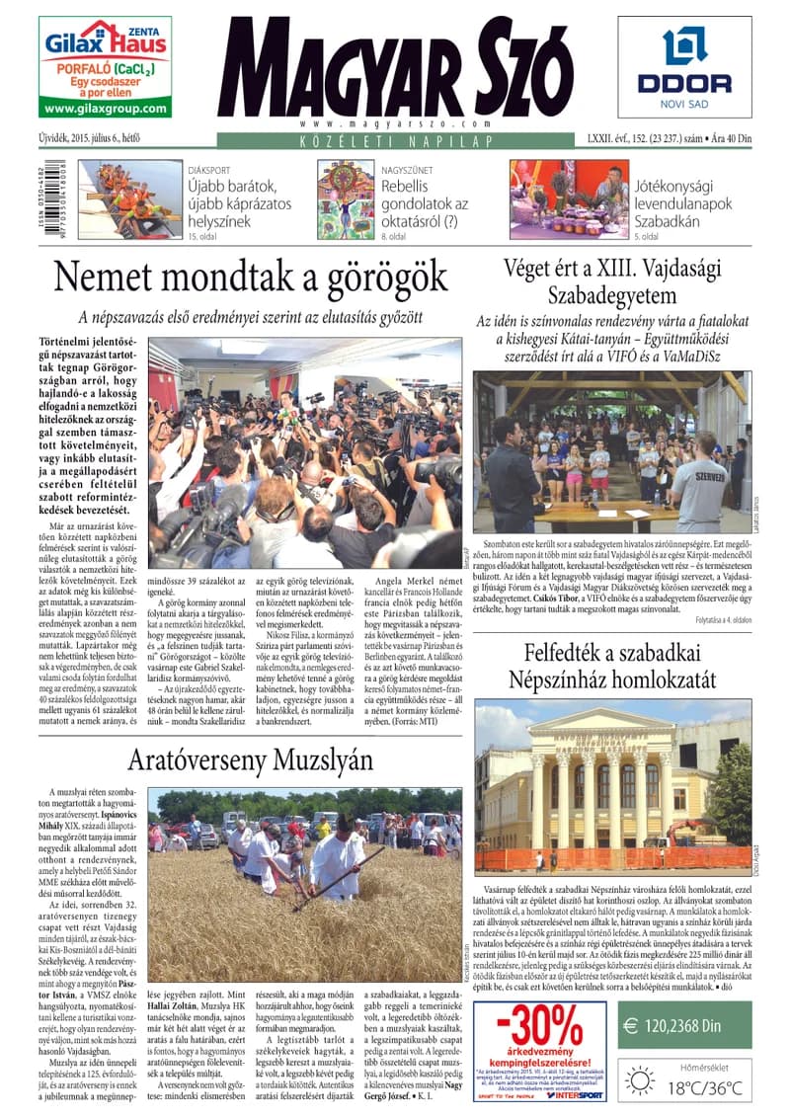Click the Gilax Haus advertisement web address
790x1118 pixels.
click(x=106, y=109)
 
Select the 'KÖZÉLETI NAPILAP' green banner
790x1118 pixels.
click(x=395, y=142)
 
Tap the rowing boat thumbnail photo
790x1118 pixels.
click(x=130, y=200)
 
